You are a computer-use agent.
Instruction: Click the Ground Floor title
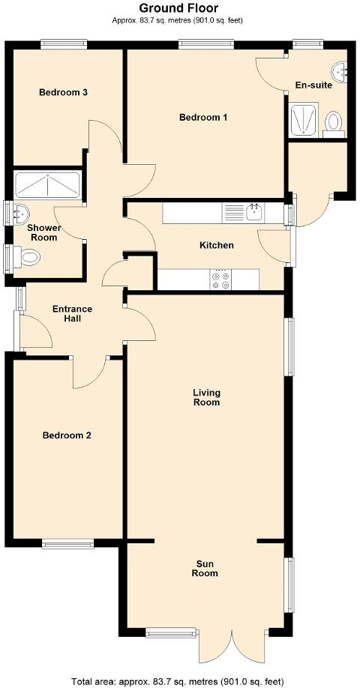point(179,8)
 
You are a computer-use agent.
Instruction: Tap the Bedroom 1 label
point(202,118)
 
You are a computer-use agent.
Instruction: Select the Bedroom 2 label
point(67,435)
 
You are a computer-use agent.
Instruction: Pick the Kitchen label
point(216,246)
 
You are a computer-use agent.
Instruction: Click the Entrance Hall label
point(72,314)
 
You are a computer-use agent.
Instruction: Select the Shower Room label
point(43,232)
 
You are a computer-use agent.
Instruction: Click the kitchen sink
point(253,213)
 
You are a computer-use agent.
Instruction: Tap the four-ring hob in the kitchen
point(221,280)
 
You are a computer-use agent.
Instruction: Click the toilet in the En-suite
point(334,121)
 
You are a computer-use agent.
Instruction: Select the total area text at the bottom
point(178,681)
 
